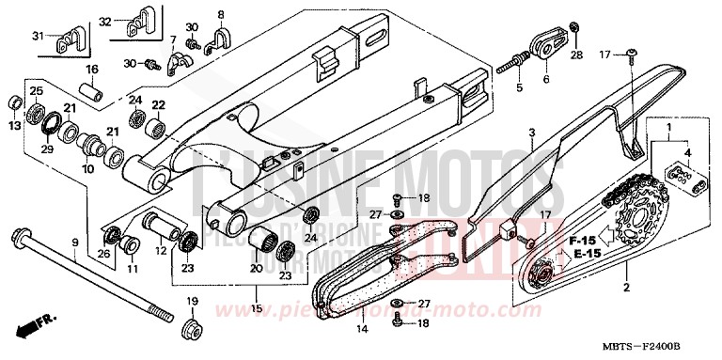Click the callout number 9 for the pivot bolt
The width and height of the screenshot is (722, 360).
[74, 243]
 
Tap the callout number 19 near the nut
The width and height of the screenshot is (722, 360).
[193, 302]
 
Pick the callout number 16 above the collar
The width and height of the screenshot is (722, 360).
[93, 70]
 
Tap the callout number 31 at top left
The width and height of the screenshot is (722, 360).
[39, 37]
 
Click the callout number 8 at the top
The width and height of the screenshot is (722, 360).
[222, 15]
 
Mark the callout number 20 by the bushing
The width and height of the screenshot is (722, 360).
[256, 269]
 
